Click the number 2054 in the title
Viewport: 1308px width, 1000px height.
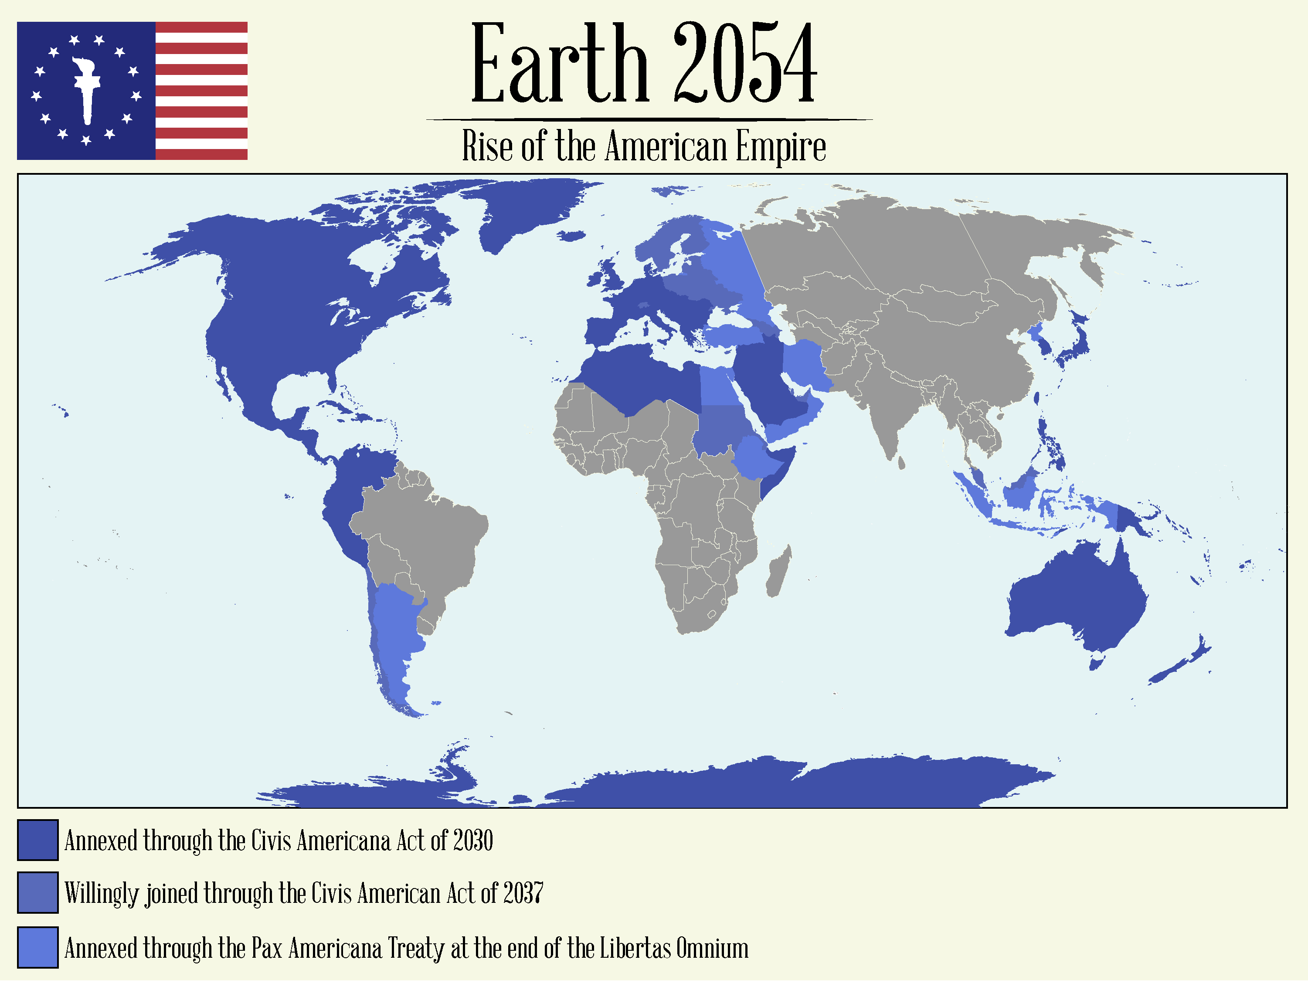point(745,64)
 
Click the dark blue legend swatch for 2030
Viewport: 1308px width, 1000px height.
point(37,840)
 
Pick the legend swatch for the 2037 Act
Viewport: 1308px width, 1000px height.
point(37,892)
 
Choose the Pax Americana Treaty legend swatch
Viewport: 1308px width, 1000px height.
point(37,947)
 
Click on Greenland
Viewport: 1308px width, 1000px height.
point(524,208)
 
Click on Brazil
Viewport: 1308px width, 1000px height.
point(428,536)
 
